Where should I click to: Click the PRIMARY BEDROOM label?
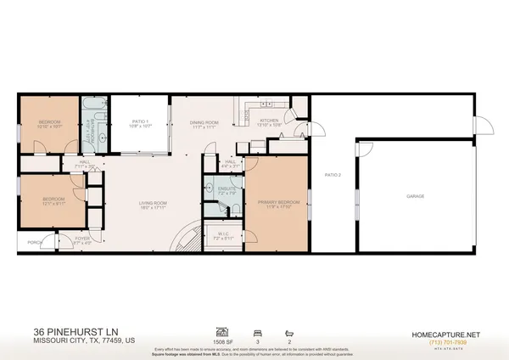click(x=276, y=203)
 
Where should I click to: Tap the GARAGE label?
click(x=416, y=196)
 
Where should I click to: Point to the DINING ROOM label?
click(x=204, y=123)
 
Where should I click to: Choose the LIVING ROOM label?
click(x=155, y=203)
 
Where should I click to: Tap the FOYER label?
click(x=82, y=239)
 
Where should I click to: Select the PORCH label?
click(x=35, y=242)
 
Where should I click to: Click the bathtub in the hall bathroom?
click(x=92, y=111)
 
